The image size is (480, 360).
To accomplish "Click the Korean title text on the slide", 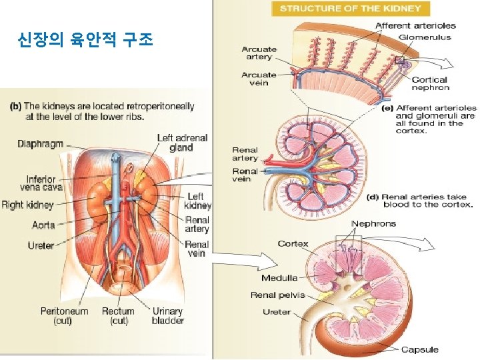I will point(86,41).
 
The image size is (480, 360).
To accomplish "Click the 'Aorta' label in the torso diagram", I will point(43,225).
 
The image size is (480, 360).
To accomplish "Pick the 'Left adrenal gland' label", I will point(182,143).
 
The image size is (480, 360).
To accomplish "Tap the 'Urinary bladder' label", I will point(167,315).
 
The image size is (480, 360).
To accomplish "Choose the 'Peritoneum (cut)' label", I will point(64,315).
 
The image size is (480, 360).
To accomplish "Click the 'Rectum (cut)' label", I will point(118,315).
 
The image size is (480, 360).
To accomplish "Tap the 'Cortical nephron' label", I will point(429,83).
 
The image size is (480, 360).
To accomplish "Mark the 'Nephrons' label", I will point(373,223).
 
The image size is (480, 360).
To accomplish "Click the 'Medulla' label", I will point(279,278).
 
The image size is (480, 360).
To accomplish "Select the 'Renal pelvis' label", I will point(277,295).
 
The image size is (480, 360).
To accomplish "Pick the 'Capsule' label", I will point(419,349).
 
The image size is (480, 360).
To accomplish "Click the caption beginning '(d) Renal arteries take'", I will point(420,201).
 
